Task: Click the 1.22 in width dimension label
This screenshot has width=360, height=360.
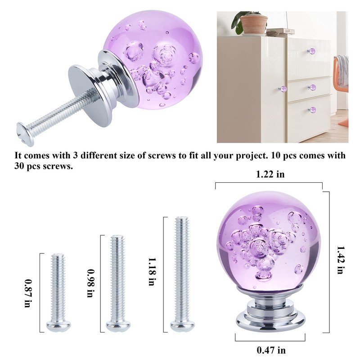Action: (270, 175)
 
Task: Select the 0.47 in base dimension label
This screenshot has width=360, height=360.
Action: (271, 350)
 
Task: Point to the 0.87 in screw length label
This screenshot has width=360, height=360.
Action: (28, 292)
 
